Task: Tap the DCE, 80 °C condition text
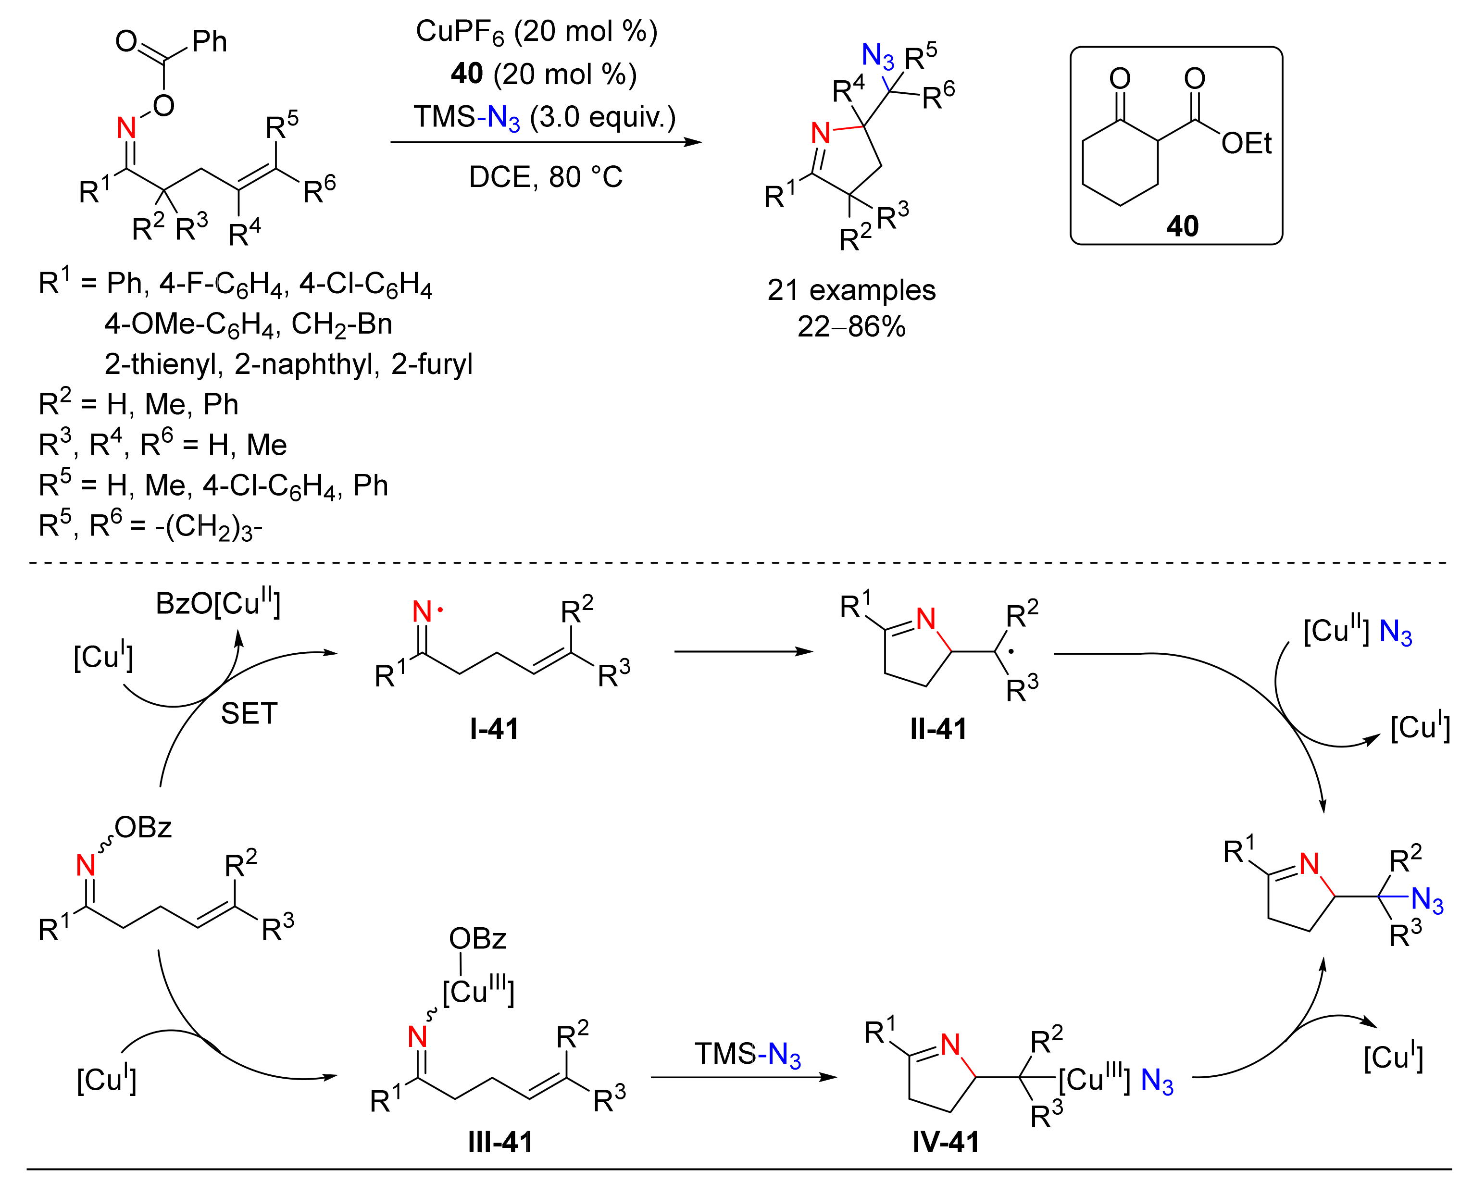(545, 177)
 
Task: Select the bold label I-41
(494, 728)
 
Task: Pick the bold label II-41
(938, 728)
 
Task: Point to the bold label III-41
(500, 1142)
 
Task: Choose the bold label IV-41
(946, 1142)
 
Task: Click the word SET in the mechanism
(249, 714)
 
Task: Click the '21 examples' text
(851, 290)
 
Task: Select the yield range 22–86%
(851, 326)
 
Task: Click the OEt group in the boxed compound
(1246, 144)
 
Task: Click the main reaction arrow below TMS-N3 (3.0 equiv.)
(545, 142)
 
